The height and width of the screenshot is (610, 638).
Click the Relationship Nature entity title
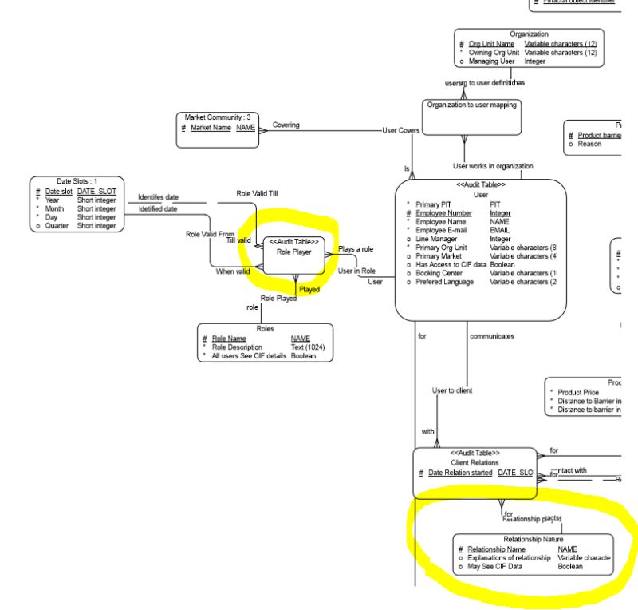pyautogui.click(x=533, y=539)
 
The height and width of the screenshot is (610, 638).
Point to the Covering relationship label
pyautogui.click(x=286, y=125)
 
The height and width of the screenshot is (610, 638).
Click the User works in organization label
pyautogui.click(x=493, y=166)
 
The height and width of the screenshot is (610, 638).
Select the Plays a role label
pyautogui.click(x=356, y=250)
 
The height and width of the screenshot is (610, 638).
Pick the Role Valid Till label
pyautogui.click(x=258, y=193)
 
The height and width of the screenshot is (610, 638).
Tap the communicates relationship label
pyautogui.click(x=492, y=336)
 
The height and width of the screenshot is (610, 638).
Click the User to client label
pyautogui.click(x=452, y=390)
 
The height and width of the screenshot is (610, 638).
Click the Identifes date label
pyautogui.click(x=158, y=196)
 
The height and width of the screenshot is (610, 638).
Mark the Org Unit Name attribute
pyautogui.click(x=491, y=44)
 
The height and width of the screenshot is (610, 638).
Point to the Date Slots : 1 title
pyautogui.click(x=77, y=182)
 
